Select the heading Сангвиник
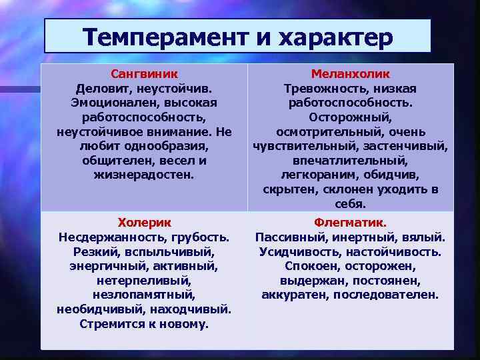[x=144, y=74]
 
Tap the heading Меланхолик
[x=350, y=74]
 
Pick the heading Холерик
[x=144, y=222]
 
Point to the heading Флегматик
[x=350, y=222]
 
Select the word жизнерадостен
[x=144, y=175]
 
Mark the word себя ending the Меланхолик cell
[x=350, y=204]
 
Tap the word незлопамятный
[x=144, y=295]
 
